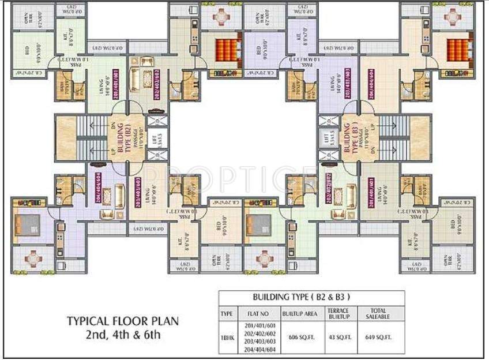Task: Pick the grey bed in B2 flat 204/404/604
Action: [27, 222]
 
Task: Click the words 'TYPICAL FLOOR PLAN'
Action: [122, 321]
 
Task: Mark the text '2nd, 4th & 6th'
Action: [122, 334]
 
